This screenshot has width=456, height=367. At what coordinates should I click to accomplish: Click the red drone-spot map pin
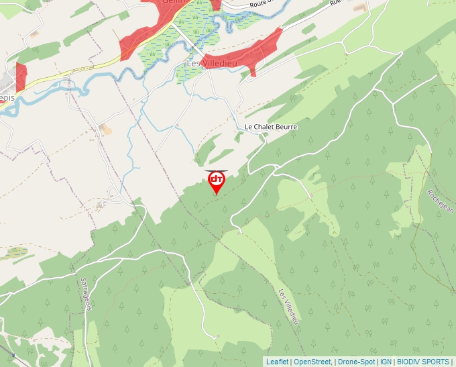coord(216,182)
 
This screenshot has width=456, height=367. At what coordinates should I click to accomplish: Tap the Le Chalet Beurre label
coord(270,127)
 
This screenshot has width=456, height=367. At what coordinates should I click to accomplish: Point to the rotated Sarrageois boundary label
coord(86,294)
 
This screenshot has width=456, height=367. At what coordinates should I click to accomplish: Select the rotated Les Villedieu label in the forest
coord(287,307)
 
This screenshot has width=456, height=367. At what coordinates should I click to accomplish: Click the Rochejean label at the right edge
coord(440,201)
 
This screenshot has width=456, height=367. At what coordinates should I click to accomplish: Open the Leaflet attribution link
coord(277,362)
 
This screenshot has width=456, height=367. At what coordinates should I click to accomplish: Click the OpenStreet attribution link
coord(312,362)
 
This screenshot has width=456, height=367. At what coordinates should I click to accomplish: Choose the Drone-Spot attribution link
coord(356,362)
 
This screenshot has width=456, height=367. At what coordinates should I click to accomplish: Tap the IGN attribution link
coord(386,362)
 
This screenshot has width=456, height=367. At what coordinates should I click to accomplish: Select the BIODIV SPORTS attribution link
coord(423,362)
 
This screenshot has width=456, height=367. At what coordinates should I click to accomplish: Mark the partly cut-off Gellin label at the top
coord(172,3)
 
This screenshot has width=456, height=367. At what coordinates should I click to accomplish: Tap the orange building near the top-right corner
coord(361,7)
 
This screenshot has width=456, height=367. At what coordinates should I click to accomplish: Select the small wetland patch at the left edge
coord(15,253)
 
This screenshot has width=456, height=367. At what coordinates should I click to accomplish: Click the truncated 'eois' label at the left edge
coord(7,97)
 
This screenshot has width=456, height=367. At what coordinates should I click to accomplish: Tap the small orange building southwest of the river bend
coord(105,127)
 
